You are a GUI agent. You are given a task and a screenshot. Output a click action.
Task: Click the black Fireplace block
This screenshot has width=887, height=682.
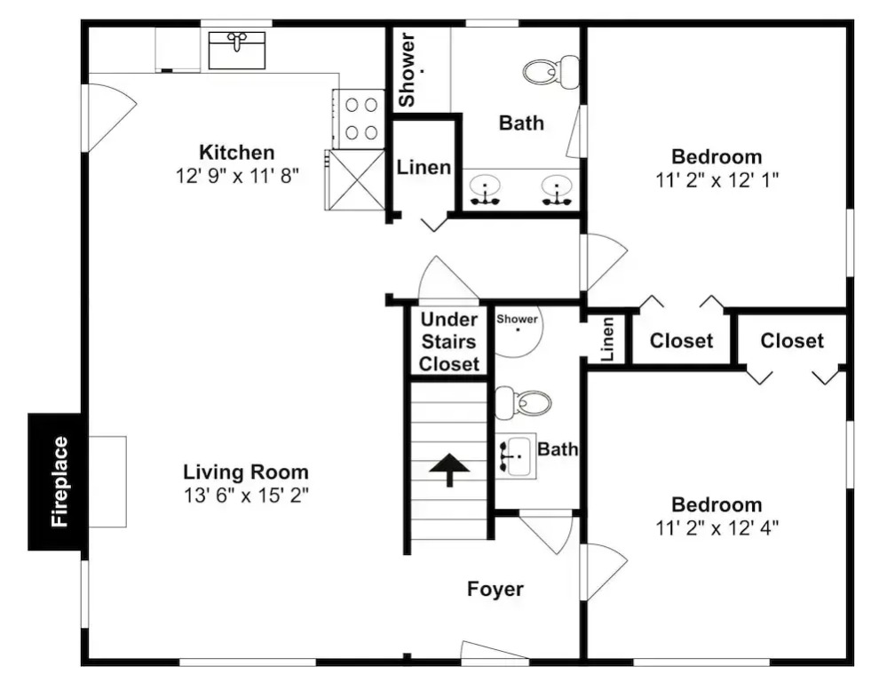(x=57, y=481)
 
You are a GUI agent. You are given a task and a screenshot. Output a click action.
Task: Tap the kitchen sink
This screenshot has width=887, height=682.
(x=237, y=51)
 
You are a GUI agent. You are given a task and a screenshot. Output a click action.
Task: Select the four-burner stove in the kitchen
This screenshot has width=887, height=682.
(x=359, y=119)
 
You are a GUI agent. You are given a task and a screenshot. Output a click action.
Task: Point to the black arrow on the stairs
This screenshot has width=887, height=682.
(x=449, y=469)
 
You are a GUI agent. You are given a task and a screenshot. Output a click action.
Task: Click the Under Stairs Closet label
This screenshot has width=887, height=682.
(x=449, y=341)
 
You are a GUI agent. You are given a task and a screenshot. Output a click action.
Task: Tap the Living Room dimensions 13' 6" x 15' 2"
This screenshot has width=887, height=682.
(x=246, y=496)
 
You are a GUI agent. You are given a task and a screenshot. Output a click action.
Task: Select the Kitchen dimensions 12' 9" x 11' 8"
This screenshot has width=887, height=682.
(x=237, y=176)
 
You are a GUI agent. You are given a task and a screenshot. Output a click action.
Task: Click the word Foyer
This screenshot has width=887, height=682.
(x=495, y=589)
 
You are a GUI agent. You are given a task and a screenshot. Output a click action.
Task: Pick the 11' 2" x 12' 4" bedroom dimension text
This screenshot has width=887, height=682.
(x=717, y=528)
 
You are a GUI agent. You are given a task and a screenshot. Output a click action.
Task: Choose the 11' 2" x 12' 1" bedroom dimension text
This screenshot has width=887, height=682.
(x=717, y=180)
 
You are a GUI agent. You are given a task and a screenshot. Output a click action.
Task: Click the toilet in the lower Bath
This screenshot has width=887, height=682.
(x=523, y=403)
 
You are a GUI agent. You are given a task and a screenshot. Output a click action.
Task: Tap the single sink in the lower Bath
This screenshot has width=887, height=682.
(x=515, y=456)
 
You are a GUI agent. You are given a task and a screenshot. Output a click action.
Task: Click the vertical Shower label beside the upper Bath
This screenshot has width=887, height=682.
(x=407, y=69)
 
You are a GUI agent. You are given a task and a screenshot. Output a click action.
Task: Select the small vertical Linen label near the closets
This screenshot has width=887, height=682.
(x=607, y=339)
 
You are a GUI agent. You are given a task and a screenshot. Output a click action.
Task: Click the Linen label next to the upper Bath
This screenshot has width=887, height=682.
(x=424, y=167)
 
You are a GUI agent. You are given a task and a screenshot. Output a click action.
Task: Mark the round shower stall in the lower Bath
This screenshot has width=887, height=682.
(x=519, y=332)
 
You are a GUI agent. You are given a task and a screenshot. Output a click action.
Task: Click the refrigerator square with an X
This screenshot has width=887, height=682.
(x=355, y=179)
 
